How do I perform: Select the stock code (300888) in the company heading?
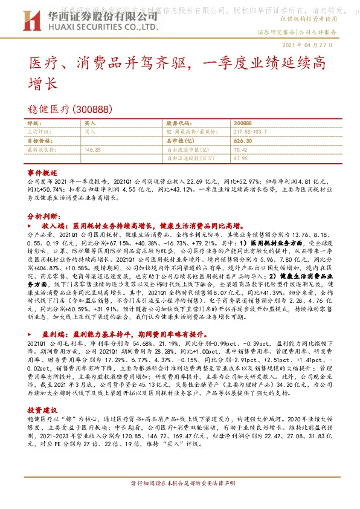91,109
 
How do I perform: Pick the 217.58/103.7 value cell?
251,131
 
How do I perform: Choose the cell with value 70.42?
240,148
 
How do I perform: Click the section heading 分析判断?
43,216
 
